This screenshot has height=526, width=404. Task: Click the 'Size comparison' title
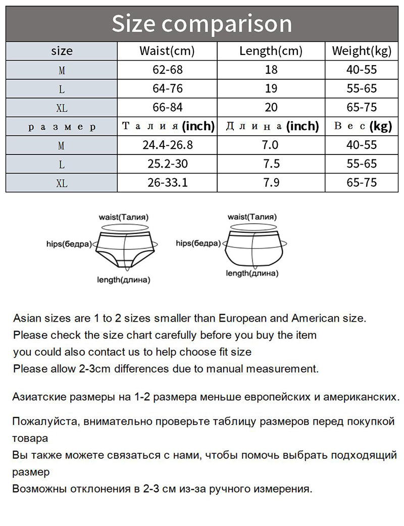201,24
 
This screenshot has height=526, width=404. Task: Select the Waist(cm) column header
167,51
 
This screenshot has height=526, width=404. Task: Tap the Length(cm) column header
271,51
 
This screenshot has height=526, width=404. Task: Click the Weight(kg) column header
362,51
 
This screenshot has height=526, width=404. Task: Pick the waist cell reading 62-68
167,70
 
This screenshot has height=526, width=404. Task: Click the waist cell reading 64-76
167,89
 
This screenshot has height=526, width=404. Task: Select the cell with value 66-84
167,108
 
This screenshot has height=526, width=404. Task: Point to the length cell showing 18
271,70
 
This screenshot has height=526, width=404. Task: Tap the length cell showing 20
271,108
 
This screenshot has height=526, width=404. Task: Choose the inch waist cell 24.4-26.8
167,145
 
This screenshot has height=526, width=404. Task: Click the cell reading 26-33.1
167,182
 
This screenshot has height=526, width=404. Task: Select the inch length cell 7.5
271,164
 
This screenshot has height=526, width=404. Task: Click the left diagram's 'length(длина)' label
123,280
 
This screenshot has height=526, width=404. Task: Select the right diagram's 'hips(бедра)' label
198,243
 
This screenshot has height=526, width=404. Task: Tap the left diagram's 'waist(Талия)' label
123,217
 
